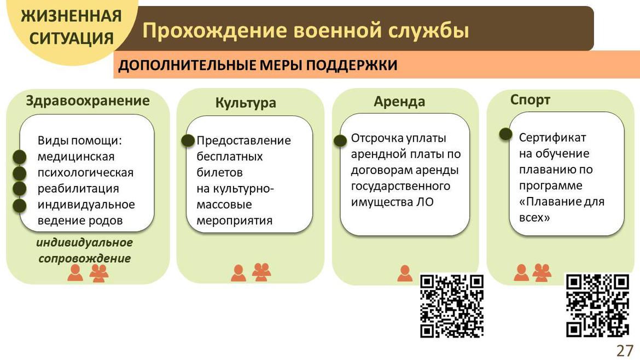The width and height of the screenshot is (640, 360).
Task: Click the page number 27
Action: click(625, 351)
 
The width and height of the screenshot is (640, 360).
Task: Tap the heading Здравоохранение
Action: click(88, 101)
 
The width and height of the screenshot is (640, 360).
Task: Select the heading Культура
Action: click(246, 102)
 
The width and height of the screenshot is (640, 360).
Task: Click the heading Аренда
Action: click(399, 102)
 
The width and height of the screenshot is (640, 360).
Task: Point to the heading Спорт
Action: click(530, 100)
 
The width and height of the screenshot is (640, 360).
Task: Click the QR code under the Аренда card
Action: click(452, 306)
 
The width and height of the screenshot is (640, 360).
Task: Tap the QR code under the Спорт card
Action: click(597, 305)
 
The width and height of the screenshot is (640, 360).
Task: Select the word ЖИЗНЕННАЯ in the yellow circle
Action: click(72, 16)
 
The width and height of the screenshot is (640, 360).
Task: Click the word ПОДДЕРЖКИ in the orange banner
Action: click(352, 65)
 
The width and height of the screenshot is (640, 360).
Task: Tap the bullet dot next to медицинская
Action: click(19, 156)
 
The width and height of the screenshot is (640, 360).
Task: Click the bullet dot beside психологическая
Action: click(19, 173)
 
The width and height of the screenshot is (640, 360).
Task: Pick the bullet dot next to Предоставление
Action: click(188, 141)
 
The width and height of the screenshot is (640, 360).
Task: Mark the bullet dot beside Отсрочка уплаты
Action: click(340, 141)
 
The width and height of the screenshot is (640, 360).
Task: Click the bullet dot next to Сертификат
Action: click(505, 134)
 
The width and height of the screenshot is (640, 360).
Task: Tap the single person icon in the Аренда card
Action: click(404, 273)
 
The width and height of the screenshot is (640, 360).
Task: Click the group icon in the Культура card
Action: click(261, 272)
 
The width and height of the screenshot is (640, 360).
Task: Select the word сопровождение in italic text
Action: click(84, 258)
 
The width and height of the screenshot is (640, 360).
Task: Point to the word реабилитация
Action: click(78, 189)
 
